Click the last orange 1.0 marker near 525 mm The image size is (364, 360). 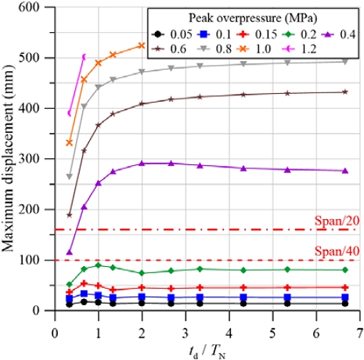click(142, 45)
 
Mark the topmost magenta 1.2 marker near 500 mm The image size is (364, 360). click(84, 56)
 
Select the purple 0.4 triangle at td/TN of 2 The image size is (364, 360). click(142, 164)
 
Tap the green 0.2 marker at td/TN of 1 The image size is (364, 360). click(98, 265)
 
